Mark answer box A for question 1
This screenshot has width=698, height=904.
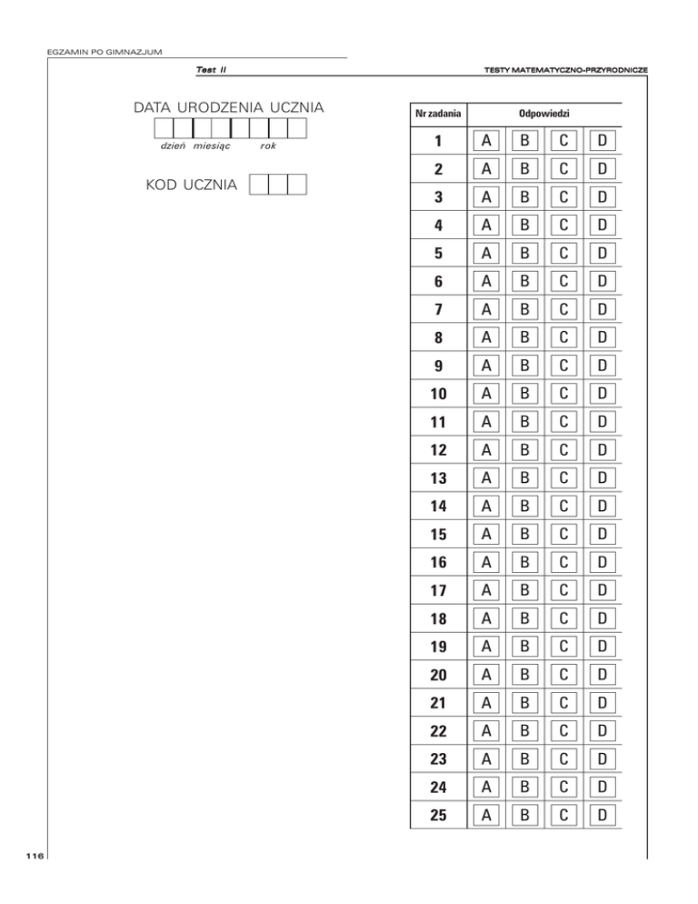click(x=487, y=141)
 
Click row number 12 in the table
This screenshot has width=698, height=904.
click(x=437, y=449)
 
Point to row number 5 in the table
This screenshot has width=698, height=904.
click(x=437, y=253)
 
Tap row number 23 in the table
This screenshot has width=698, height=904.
click(x=437, y=758)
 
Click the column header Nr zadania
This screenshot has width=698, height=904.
click(x=437, y=115)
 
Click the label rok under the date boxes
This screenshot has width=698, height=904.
click(x=268, y=146)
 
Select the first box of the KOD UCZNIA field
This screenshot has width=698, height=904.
click(x=258, y=185)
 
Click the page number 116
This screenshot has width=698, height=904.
click(x=35, y=856)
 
